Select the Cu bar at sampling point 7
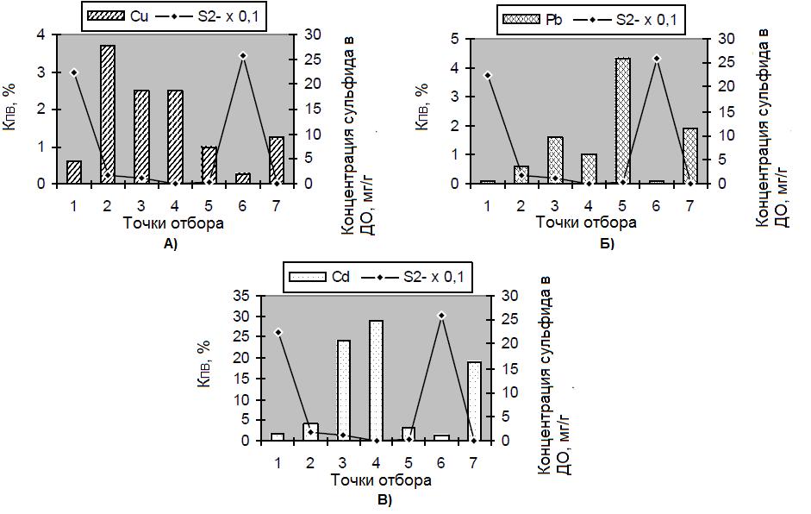pyautogui.click(x=276, y=160)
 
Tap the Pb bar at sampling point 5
pyautogui.click(x=622, y=121)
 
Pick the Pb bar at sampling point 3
pyautogui.click(x=555, y=160)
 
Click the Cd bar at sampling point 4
pyautogui.click(x=377, y=380)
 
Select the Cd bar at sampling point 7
pyautogui.click(x=474, y=401)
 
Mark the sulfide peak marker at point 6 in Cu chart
pyautogui.click(x=242, y=55)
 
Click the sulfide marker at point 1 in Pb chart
pyautogui.click(x=488, y=75)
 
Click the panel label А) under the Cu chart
pyautogui.click(x=170, y=244)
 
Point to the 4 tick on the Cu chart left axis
pyautogui.click(x=41, y=34)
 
